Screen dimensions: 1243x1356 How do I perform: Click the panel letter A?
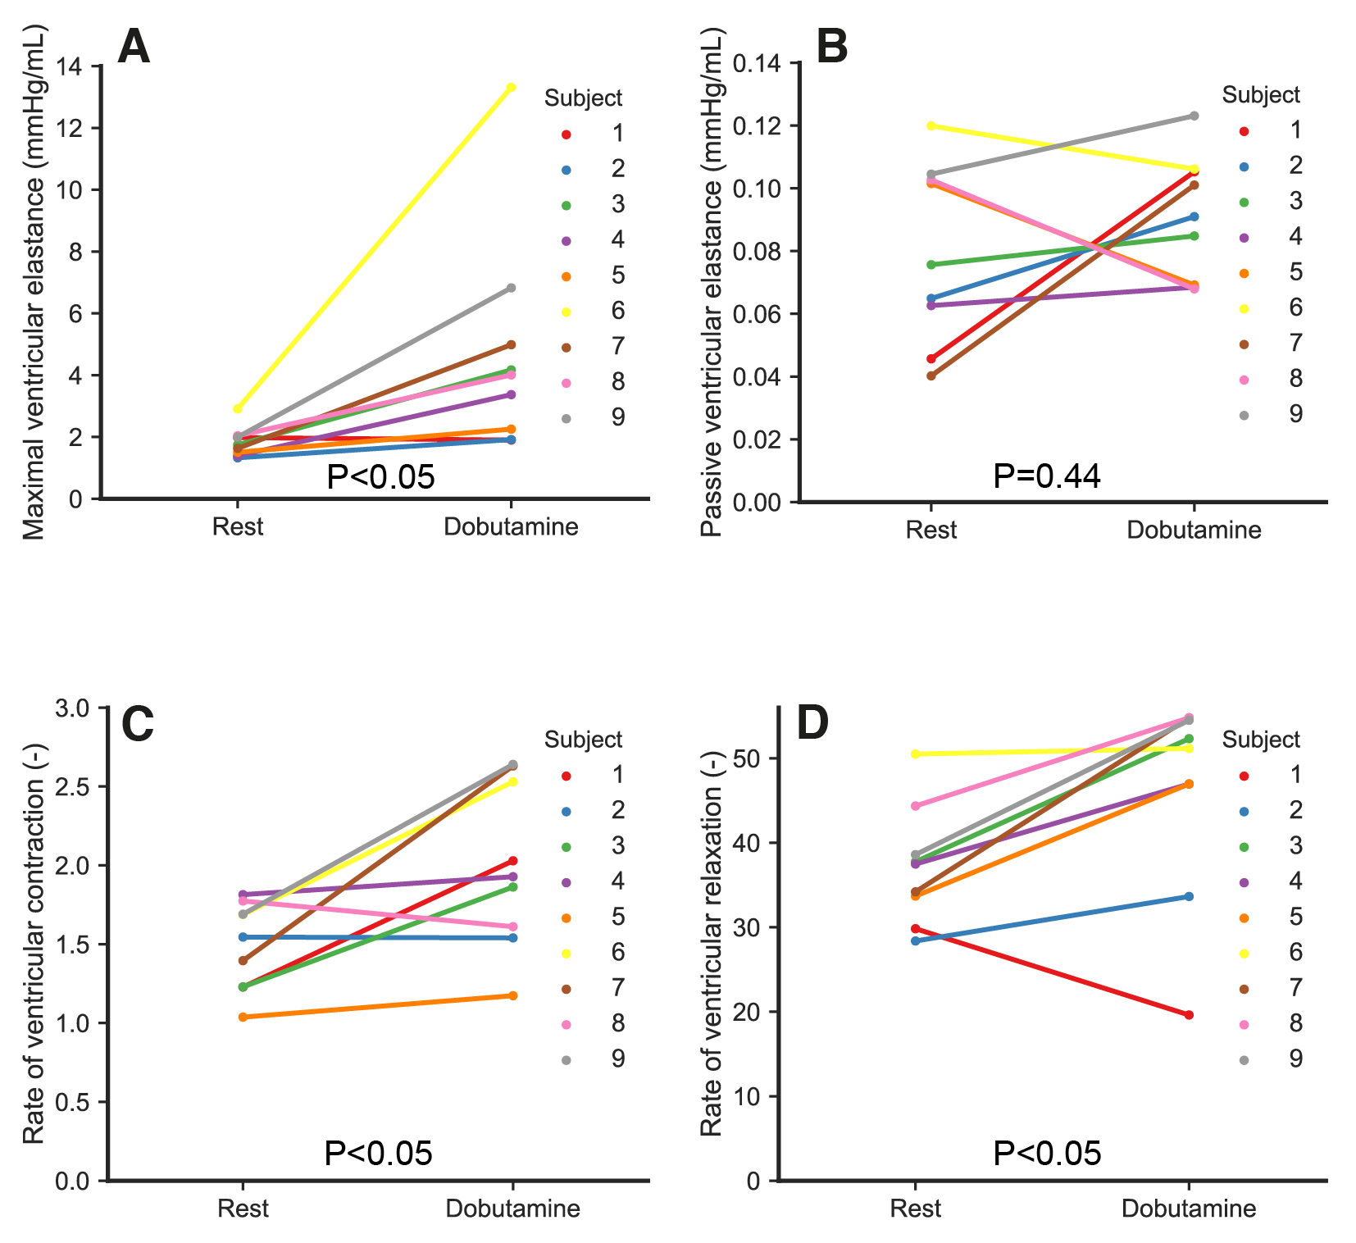[x=134, y=47]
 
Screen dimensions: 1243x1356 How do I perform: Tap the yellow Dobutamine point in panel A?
[x=512, y=88]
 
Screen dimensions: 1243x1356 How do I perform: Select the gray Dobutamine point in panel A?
[x=512, y=288]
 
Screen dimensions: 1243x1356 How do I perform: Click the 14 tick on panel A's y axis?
[x=71, y=66]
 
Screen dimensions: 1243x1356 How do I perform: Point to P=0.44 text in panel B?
[x=1046, y=476]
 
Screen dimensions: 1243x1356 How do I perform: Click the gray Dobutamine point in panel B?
[x=1194, y=116]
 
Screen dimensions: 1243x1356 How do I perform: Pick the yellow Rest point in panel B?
[x=931, y=126]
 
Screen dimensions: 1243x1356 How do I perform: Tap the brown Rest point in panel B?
[x=931, y=376]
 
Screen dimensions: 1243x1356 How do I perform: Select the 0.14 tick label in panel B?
[x=756, y=64]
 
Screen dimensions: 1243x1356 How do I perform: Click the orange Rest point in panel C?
[x=243, y=1018]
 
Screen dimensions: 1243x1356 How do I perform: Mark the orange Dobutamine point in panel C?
[x=513, y=995]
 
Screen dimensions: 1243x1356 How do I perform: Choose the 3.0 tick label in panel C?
[x=74, y=708]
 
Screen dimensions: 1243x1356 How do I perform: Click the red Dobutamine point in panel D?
[x=1189, y=1015]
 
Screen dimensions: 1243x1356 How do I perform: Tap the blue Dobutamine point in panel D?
[x=1189, y=897]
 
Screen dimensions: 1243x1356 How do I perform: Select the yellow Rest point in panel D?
[x=916, y=754]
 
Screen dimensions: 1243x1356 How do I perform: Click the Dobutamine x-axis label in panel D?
[x=1189, y=1209]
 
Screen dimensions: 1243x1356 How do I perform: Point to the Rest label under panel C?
[x=243, y=1209]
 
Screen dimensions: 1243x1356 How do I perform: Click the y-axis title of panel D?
[x=712, y=943]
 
